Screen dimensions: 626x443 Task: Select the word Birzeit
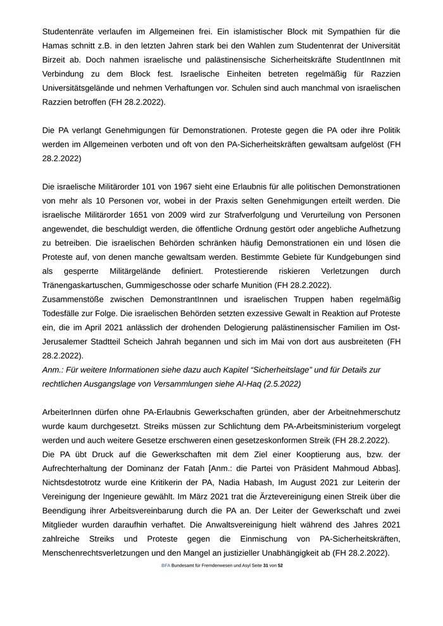[x=56, y=60]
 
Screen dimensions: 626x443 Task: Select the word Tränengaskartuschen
[x=85, y=285]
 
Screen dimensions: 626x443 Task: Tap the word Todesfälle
[x=65, y=314]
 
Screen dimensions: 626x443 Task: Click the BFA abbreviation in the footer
[x=165, y=565]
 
